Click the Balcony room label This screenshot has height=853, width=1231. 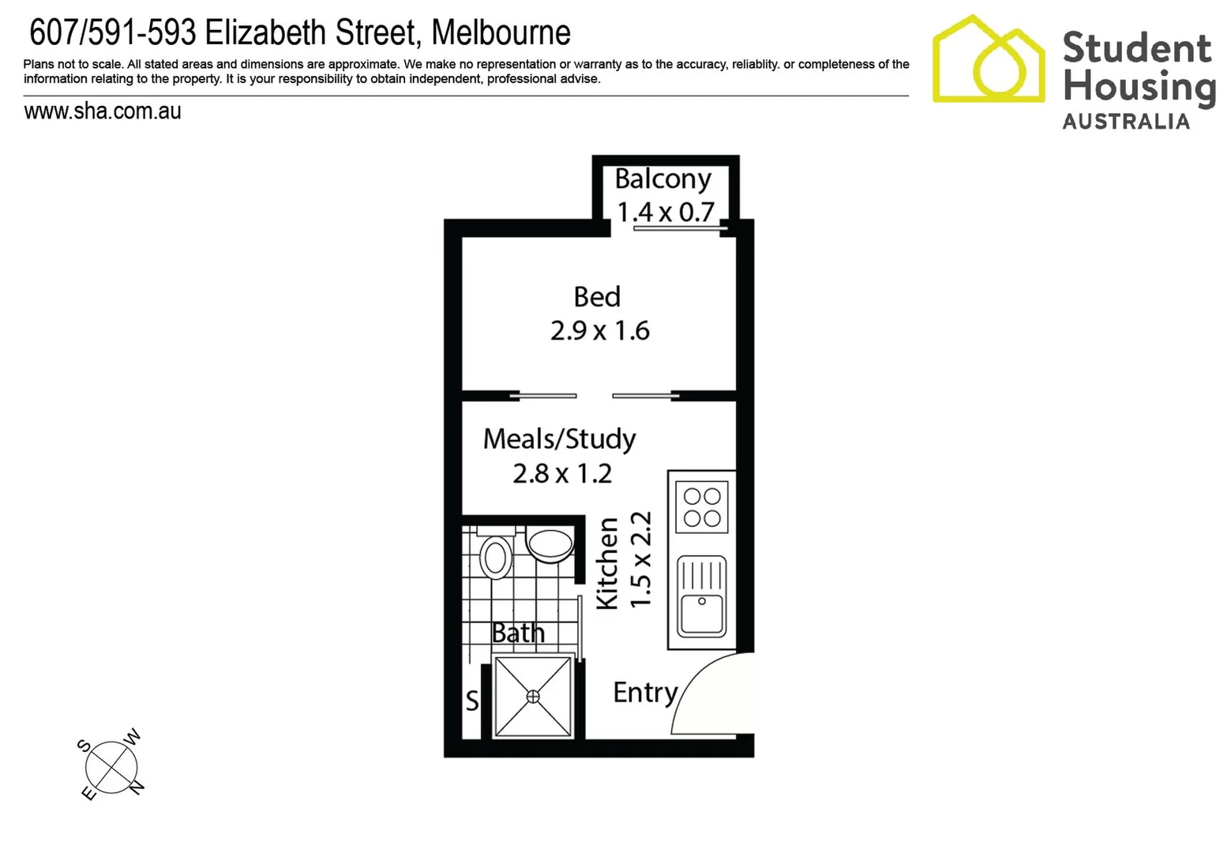662,179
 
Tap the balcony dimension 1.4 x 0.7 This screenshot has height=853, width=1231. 666,212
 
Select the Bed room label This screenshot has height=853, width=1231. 597,297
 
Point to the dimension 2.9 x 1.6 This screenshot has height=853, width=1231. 600,330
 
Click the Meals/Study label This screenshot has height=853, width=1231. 559,438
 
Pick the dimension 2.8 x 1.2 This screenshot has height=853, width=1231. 562,473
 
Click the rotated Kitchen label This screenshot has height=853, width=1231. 606,563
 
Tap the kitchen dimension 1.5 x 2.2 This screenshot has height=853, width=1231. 640,559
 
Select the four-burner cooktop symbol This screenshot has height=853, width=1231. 702,507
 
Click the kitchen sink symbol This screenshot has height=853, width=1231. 702,596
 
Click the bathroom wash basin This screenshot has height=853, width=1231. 550,545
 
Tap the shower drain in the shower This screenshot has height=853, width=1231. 533,696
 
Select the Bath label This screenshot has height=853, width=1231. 518,633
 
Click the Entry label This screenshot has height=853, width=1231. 645,692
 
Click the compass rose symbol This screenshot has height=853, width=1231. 111,765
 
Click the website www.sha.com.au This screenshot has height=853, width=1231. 103,111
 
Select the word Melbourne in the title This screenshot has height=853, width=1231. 501,33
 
